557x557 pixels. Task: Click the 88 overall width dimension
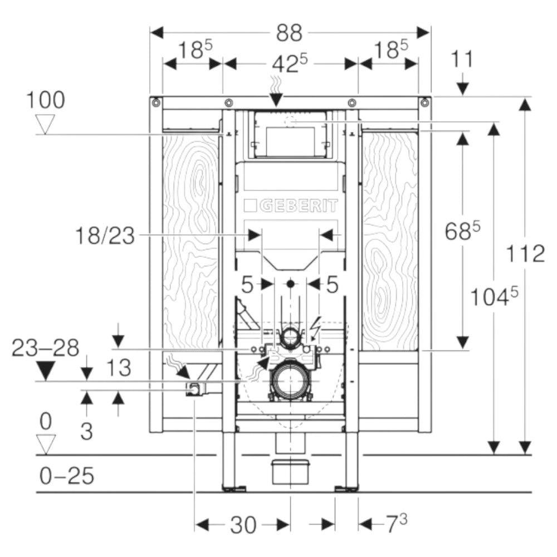290,33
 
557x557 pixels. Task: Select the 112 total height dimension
525,254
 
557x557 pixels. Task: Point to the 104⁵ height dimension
494,297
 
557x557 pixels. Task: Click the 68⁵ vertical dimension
462,231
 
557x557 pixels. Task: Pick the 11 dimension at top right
462,59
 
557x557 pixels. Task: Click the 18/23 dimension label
105,236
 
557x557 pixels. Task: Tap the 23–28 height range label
46,348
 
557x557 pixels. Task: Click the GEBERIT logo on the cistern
291,206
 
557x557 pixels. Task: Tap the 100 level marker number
46,100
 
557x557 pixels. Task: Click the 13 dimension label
119,368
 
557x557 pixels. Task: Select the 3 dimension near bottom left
87,432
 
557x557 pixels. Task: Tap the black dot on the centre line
291,284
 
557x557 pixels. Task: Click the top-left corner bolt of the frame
156,102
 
